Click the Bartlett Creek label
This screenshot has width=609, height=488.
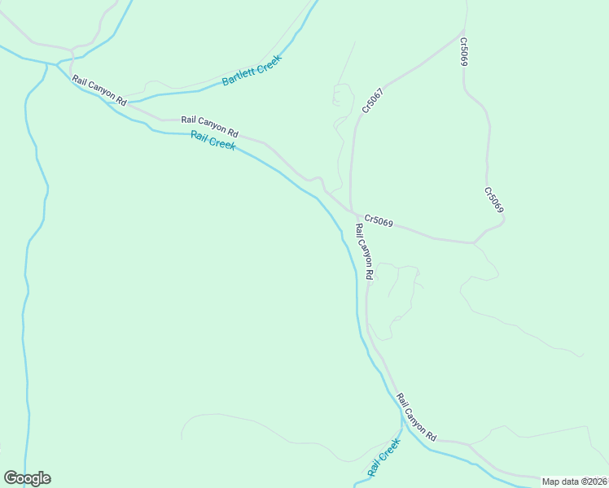pyautogui.click(x=252, y=71)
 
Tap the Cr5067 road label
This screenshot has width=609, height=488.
pyautogui.click(x=373, y=100)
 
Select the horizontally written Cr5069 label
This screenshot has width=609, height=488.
pyautogui.click(x=379, y=220)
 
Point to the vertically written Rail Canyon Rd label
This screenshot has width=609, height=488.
pyautogui.click(x=363, y=252)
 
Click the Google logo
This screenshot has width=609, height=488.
pyautogui.click(x=27, y=478)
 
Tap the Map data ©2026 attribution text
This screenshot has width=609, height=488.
pyautogui.click(x=574, y=481)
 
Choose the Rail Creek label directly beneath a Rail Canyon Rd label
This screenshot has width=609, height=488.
pyautogui.click(x=213, y=140)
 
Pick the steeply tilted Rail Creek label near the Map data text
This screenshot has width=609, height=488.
pyautogui.click(x=384, y=457)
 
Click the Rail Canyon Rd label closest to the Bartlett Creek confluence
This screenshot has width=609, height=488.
pyautogui.click(x=99, y=90)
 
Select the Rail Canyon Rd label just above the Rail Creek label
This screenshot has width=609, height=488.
pyautogui.click(x=209, y=125)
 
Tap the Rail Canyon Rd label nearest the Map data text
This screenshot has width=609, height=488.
pyautogui.click(x=417, y=417)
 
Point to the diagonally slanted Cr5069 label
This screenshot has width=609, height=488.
pyautogui.click(x=494, y=201)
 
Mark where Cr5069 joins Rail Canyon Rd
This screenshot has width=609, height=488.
pyautogui.click(x=352, y=214)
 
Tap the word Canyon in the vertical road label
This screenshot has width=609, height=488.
pyautogui.click(x=363, y=252)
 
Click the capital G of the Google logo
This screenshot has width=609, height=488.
pyautogui.click(x=10, y=478)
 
